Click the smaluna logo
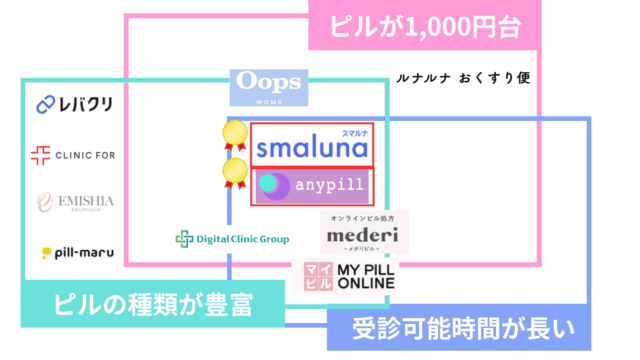coord(311,146)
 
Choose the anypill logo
coord(311,186)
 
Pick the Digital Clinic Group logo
coord(232,238)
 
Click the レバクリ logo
coord(74,104)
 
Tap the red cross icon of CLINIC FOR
coord(40,154)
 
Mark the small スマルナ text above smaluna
coord(355,131)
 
